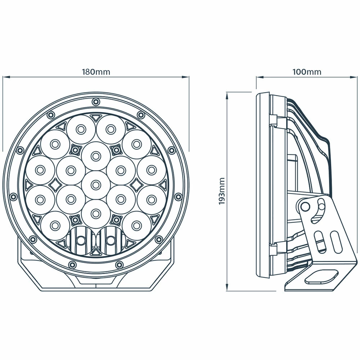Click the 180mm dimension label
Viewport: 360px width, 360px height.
coord(96,72)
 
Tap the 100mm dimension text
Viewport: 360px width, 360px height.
coord(307,72)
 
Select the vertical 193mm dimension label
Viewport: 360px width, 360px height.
coord(222,191)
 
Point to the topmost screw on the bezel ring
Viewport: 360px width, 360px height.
coord(95,102)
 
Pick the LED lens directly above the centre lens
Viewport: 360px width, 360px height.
coord(95,156)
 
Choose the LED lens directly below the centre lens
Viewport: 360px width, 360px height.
coord(95,213)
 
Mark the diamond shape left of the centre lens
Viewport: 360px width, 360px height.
coord(55,185)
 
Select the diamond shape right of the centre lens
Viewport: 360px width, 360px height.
coord(136,185)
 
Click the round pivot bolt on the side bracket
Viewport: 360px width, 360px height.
coord(305,206)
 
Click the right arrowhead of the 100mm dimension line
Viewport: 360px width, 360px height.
coord(354,77)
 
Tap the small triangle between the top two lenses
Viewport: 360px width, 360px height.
coord(95,117)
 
